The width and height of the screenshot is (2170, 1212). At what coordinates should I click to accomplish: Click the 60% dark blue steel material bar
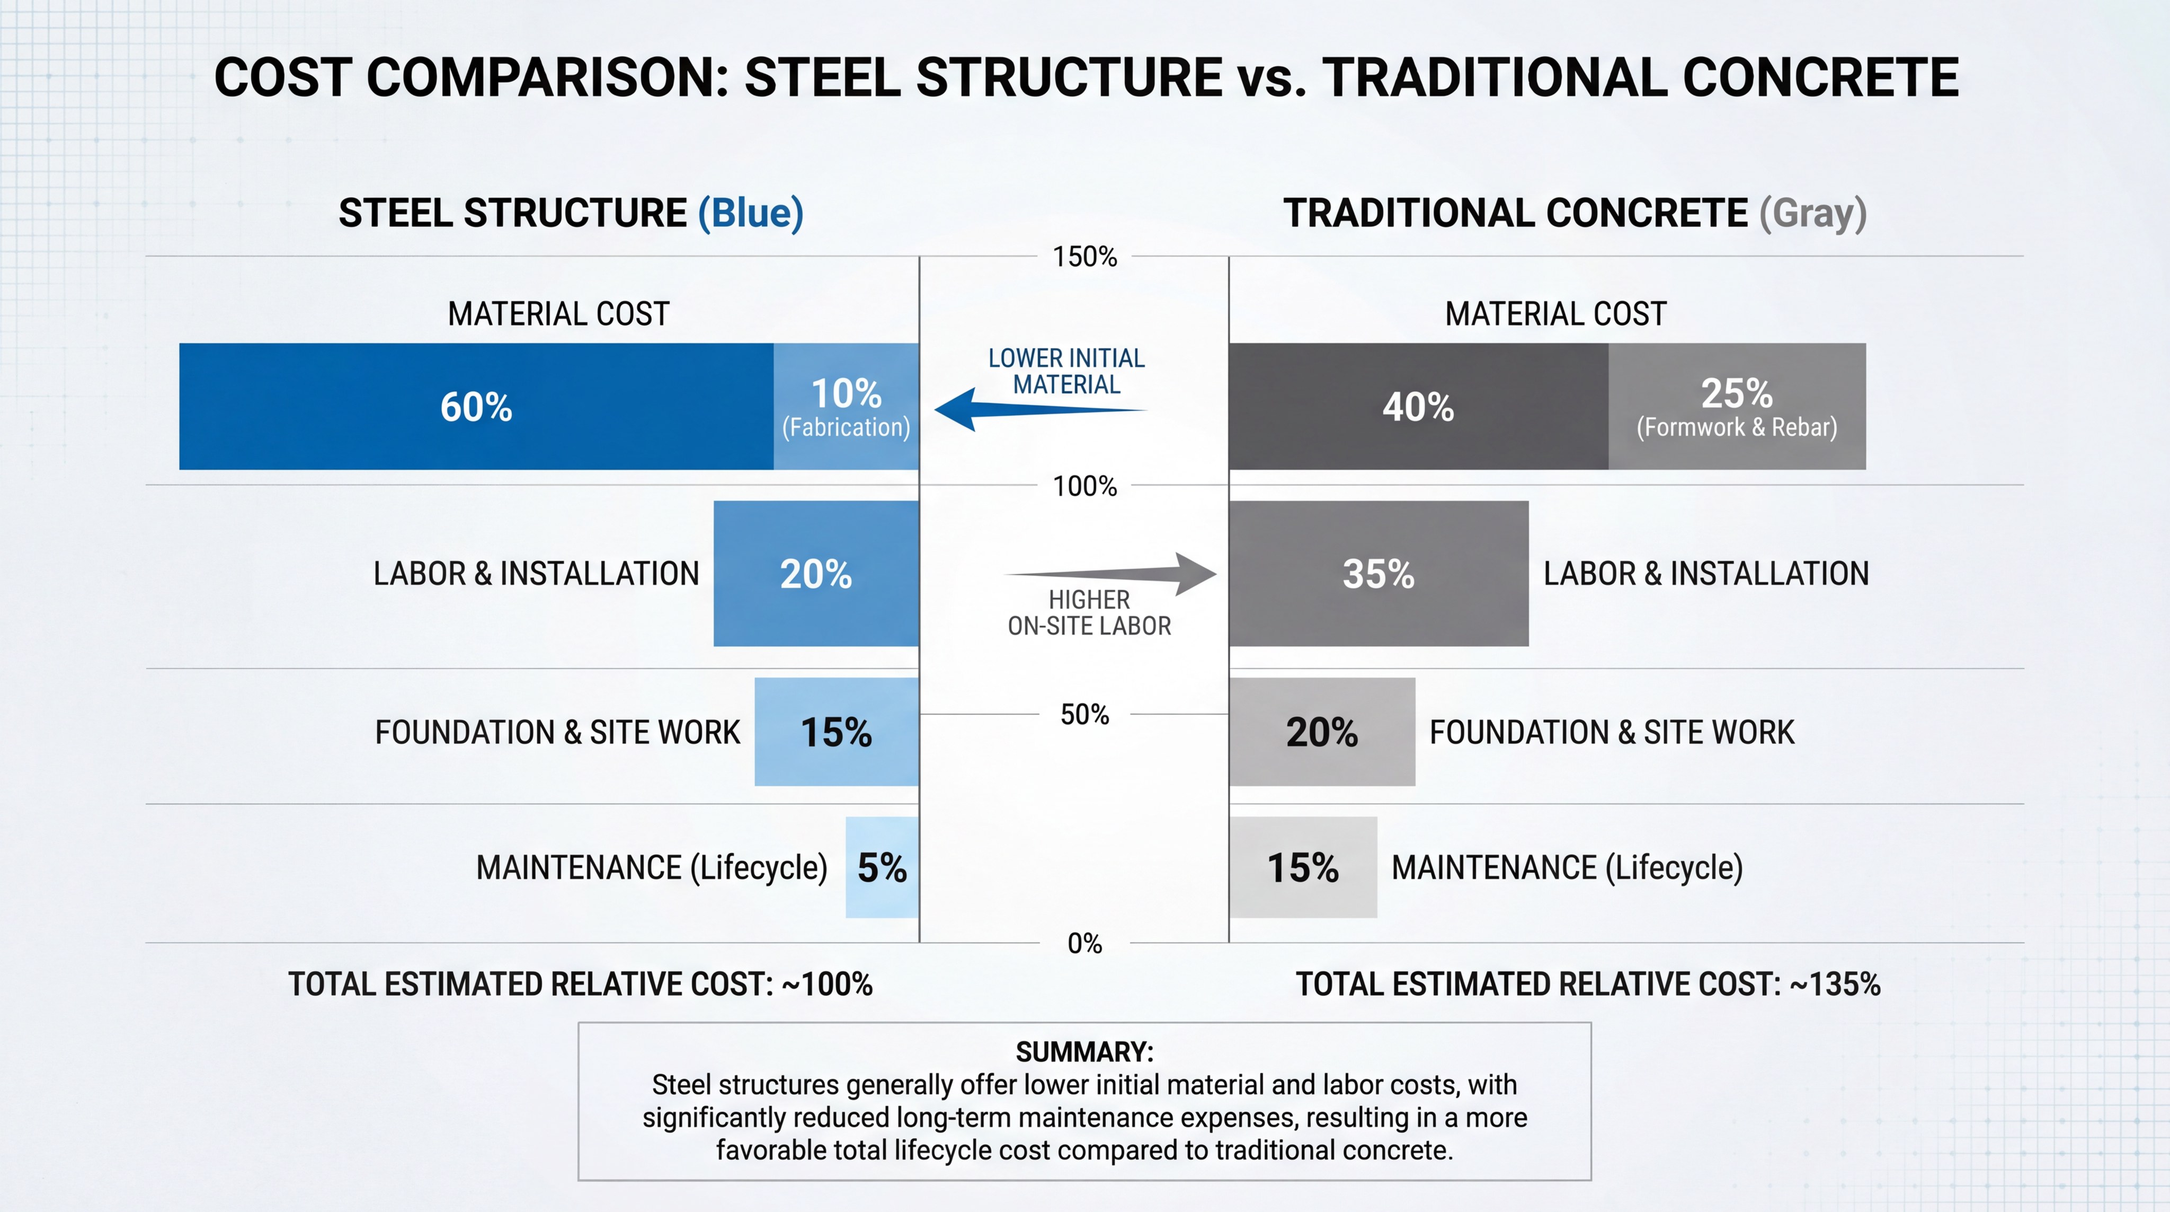pos(476,406)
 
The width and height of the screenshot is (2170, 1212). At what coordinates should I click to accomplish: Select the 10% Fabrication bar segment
pos(846,406)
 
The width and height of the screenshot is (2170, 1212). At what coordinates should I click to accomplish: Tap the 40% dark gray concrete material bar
pos(1418,406)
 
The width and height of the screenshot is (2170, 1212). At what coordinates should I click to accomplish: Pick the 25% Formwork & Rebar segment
pos(1736,406)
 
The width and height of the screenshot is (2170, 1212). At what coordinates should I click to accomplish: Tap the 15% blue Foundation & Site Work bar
pos(835,732)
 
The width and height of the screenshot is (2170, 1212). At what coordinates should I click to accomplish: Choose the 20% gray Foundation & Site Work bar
pos(1322,732)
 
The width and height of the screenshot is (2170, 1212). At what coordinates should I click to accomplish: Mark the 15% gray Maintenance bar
pos(1302,867)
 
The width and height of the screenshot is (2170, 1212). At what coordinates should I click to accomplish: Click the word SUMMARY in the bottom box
pos(1084,1052)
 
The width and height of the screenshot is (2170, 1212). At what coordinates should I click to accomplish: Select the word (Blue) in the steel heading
pos(751,213)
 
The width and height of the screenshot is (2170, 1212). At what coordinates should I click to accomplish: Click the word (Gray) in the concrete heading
pos(1813,213)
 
